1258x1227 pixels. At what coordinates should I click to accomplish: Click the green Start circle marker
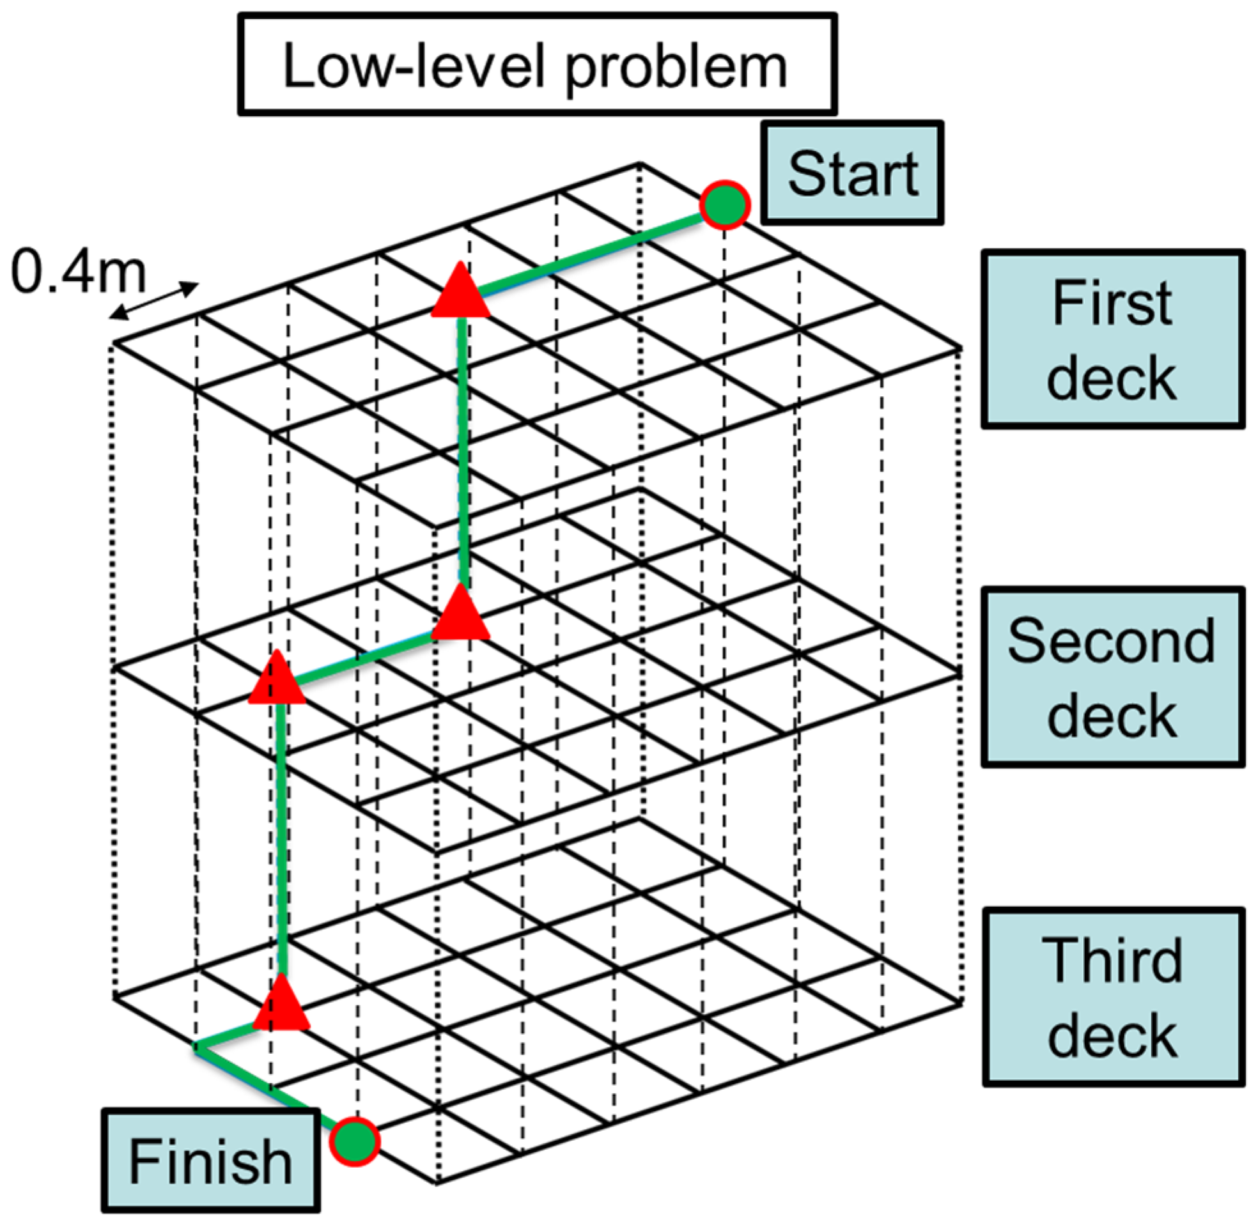[725, 205]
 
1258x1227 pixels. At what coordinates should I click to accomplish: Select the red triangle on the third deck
[282, 1005]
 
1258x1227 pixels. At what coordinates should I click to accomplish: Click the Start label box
[852, 173]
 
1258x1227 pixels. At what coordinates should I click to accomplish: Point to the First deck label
[1112, 339]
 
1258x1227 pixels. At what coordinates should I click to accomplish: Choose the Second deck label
[1112, 677]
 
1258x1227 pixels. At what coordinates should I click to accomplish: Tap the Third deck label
[1114, 997]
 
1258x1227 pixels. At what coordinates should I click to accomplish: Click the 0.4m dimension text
[79, 273]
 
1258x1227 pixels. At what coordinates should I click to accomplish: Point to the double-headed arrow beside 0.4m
[153, 301]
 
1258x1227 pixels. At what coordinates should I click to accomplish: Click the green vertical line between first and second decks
[463, 451]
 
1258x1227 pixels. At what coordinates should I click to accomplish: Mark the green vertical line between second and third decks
[281, 838]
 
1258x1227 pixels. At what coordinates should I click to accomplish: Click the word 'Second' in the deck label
[1111, 641]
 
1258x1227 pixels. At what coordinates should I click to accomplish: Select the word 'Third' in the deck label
[1112, 961]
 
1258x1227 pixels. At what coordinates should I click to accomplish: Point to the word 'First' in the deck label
[1111, 302]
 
